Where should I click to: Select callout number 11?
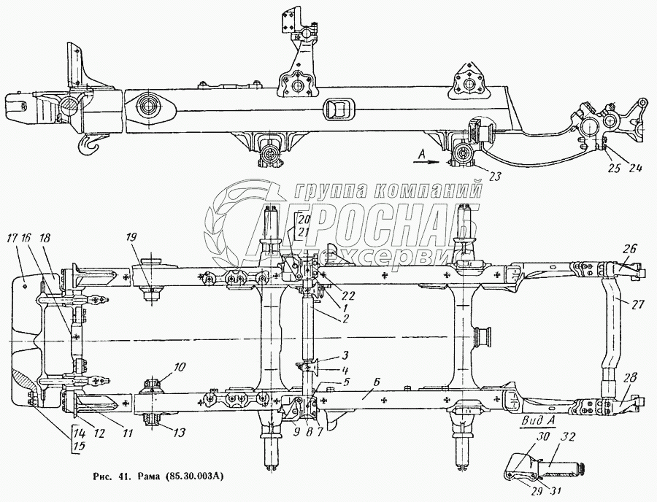pos(128,433)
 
